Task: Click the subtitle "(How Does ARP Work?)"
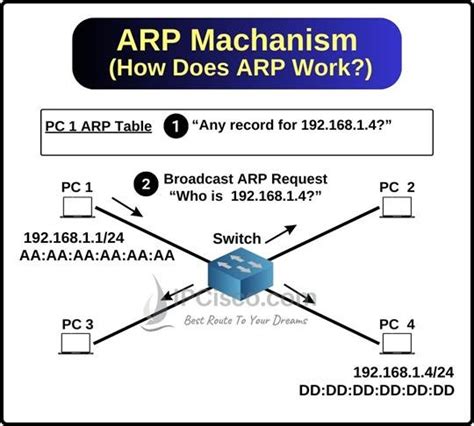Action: [x=236, y=73]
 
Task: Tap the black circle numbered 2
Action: [x=147, y=185]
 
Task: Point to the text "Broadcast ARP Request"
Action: [x=248, y=179]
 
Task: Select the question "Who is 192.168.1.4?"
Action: [x=248, y=196]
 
